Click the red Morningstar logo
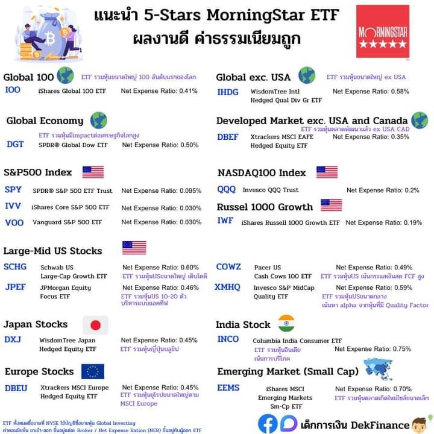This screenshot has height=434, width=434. point(382,32)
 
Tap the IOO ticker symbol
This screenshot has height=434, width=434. point(13,90)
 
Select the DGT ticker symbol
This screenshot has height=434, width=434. point(15,144)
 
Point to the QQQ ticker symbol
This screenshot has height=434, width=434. point(227,189)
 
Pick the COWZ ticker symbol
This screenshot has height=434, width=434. point(228,266)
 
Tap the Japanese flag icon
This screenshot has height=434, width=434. point(95,325)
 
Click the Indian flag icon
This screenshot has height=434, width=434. point(286,322)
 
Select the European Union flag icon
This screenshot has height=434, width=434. point(93,371)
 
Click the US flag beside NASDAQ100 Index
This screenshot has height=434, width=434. point(327,172)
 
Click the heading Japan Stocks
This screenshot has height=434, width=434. point(36,324)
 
